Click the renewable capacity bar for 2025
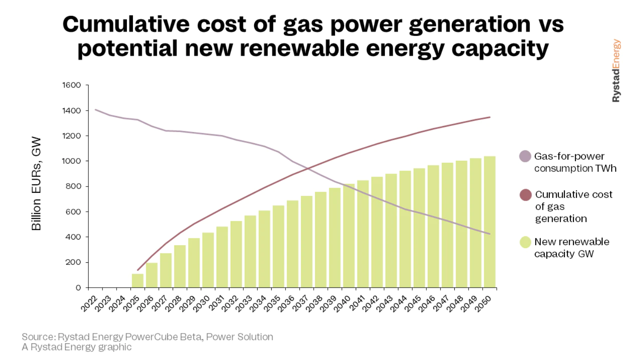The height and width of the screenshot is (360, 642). (x=138, y=280)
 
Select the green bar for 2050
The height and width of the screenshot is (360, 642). (x=490, y=222)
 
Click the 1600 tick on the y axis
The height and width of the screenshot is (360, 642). (x=72, y=85)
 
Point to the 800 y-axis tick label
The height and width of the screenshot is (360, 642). (x=73, y=186)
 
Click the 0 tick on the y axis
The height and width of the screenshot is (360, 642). (x=78, y=288)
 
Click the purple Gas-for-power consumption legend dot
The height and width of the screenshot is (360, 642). (x=525, y=156)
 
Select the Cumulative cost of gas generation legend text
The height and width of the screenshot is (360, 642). (x=573, y=207)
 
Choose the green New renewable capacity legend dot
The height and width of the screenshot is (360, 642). (x=525, y=242)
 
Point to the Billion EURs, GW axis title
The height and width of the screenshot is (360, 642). (x=36, y=183)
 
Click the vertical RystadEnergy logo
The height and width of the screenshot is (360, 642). (x=616, y=71)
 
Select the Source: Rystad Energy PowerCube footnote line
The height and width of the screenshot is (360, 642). (x=147, y=337)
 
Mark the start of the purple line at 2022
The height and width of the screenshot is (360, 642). (x=96, y=110)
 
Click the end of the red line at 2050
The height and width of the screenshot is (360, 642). (x=490, y=117)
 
